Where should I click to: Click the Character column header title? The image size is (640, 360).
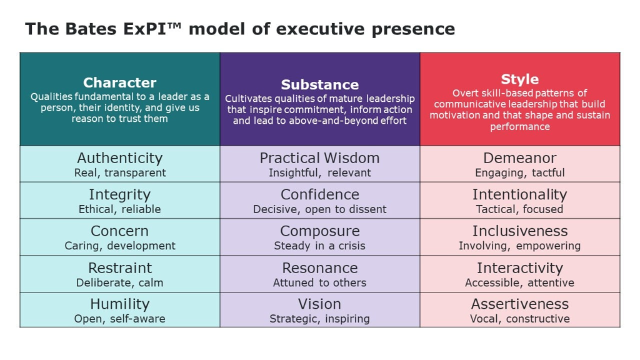point(119,82)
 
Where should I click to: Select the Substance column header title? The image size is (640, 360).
point(320,84)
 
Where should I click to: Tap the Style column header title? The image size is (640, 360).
point(519,79)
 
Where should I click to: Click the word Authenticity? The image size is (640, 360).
point(119,158)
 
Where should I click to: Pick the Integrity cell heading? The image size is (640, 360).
point(119,195)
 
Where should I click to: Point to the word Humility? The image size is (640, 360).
point(119,304)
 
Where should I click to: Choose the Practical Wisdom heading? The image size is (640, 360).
point(319,158)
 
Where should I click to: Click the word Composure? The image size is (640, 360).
point(319,231)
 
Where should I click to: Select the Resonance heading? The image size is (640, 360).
point(319,267)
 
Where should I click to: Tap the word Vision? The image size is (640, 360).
point(319,304)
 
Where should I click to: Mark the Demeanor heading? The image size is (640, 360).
point(519,158)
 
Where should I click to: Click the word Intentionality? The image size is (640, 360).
point(519,195)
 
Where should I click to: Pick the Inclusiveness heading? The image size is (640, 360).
point(520,231)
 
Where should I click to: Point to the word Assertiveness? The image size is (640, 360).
point(519,304)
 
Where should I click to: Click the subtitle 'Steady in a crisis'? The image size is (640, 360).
point(319,246)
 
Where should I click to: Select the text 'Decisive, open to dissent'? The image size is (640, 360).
point(319,209)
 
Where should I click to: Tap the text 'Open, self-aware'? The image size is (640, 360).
point(119,319)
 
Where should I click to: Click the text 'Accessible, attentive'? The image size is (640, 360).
point(519,282)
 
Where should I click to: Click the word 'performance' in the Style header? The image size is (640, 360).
point(519,127)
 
